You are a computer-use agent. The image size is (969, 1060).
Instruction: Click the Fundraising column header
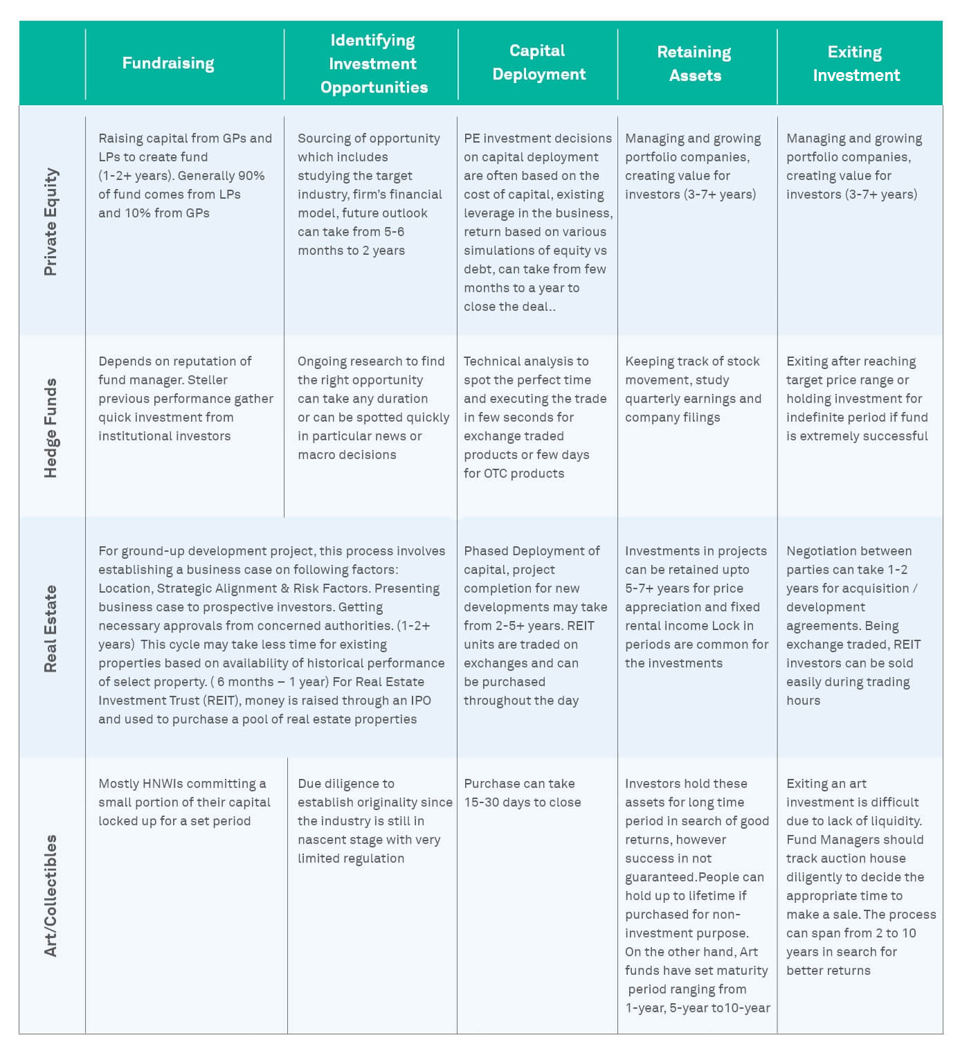[168, 63]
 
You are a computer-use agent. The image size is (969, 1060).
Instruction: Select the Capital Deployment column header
[538, 62]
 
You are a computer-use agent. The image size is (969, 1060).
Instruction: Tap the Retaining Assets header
[694, 64]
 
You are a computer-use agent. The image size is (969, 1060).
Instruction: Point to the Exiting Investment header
[856, 64]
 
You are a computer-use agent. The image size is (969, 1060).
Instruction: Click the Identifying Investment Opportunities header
[373, 64]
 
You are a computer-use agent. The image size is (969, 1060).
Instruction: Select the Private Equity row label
[51, 222]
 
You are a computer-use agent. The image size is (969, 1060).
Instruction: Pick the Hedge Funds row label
[51, 428]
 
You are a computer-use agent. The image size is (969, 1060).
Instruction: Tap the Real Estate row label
[51, 629]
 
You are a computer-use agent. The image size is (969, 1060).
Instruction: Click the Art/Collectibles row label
[51, 895]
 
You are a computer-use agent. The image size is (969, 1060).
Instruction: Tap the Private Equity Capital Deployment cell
[538, 222]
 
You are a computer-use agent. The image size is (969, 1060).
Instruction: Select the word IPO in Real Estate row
[421, 701]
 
